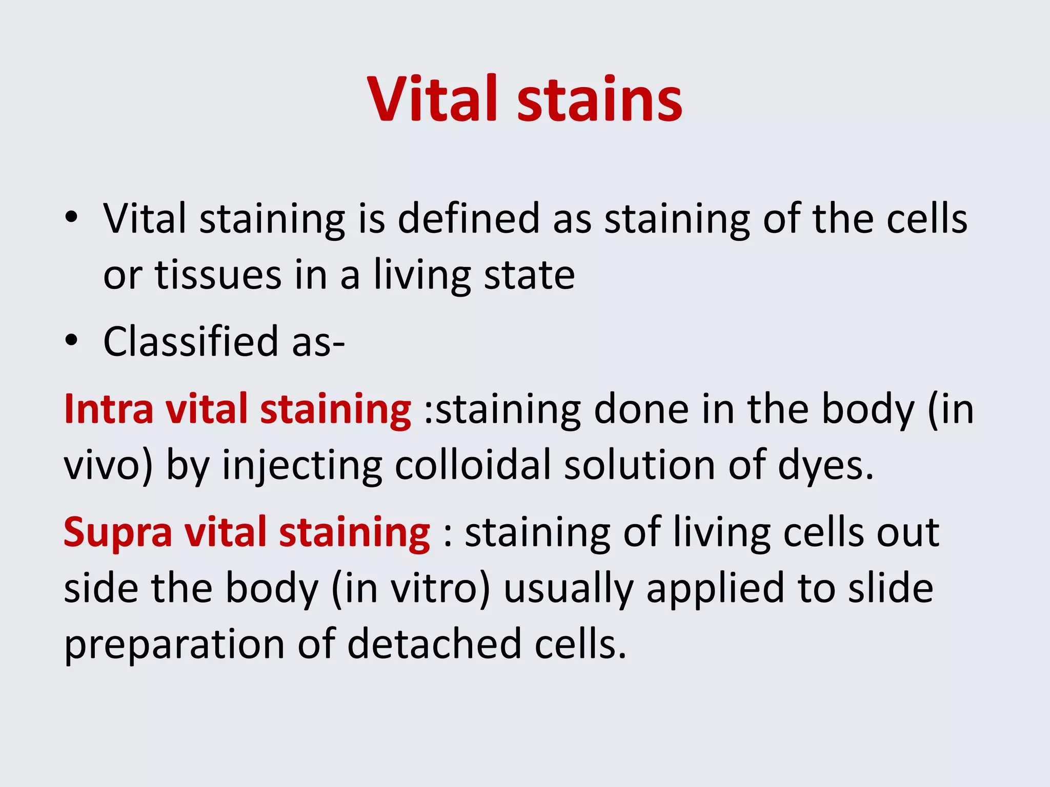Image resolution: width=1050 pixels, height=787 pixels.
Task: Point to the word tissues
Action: coord(218,276)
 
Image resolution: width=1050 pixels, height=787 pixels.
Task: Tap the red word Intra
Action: coord(108,409)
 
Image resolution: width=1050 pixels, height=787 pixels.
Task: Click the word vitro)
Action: coord(440,589)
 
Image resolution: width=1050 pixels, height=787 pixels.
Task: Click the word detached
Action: coord(434,644)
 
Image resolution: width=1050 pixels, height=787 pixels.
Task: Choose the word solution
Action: coord(639,466)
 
